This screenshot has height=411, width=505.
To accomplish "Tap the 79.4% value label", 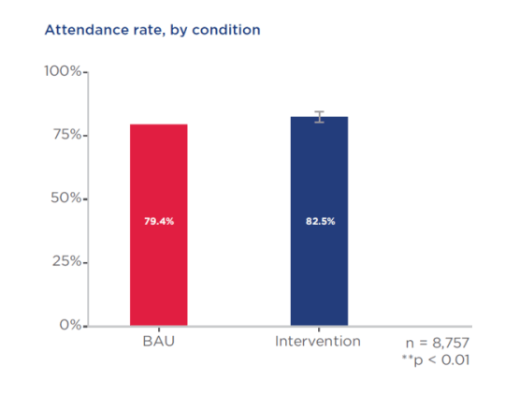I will pos(158,222).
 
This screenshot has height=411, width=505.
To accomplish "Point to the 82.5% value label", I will pos(319,222).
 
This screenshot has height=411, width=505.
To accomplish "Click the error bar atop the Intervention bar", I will pos(319,116).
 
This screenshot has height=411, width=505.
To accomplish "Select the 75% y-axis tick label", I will pos(66,135).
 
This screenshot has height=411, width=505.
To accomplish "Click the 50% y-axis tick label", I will pos(66,198).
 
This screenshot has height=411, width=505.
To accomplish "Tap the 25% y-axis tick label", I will pos(66,262).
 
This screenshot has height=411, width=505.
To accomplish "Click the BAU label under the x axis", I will pos(158,342).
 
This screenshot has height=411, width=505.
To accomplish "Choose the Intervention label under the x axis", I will pos(318,342).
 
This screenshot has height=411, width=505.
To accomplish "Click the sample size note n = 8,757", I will pos(438,344).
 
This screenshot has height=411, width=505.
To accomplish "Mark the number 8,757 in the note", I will pos(450,344).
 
